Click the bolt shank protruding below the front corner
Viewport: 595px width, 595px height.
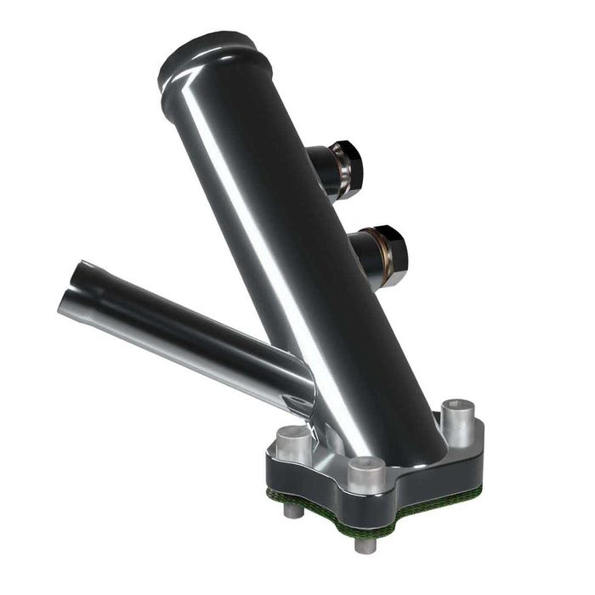coord(365,543)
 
